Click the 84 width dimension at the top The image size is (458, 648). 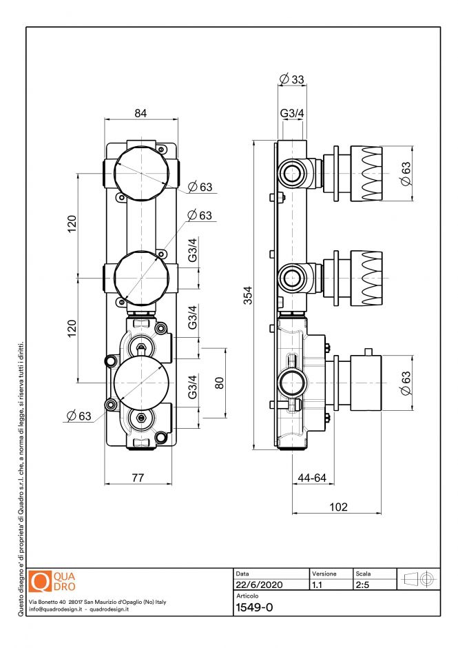coord(140,113)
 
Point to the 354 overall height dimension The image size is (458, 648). coord(247,294)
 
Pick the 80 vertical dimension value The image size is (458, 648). coord(220,383)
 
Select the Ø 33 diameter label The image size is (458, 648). coord(292,79)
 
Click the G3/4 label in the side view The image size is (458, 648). coord(292,112)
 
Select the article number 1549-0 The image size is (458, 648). coord(255,607)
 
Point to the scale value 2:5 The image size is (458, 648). coord(363,585)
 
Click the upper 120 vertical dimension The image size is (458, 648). coord(72,224)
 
